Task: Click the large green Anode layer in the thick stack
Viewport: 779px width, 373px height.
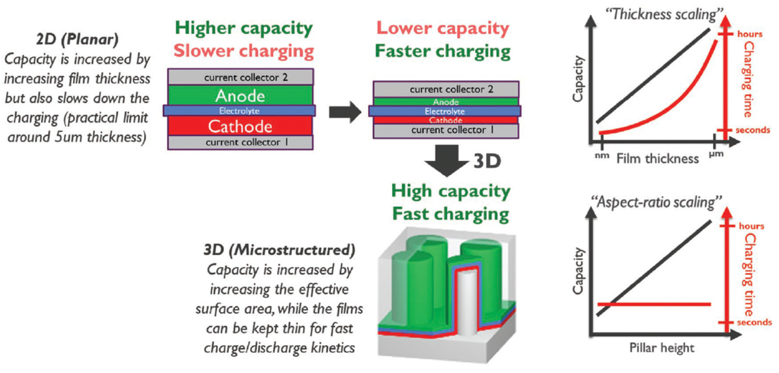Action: (x=240, y=96)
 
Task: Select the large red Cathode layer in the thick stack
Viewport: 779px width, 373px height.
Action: (x=240, y=126)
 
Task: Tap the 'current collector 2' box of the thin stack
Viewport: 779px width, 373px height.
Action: (x=446, y=89)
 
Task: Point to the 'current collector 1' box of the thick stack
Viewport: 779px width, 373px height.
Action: (x=240, y=142)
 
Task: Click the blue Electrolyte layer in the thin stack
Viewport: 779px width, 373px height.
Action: (x=445, y=111)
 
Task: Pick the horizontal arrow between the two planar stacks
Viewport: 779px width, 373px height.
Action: (x=345, y=112)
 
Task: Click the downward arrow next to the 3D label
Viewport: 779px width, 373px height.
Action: (x=447, y=160)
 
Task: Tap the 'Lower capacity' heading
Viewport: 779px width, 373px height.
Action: (x=443, y=29)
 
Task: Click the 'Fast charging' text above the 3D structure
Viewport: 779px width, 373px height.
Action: (x=451, y=214)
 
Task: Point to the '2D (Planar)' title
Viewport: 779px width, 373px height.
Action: (x=77, y=39)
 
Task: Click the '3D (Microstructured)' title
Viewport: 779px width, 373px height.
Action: (x=279, y=250)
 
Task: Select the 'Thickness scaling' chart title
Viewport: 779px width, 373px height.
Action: (x=664, y=14)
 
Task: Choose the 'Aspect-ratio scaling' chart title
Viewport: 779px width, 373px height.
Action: (x=656, y=202)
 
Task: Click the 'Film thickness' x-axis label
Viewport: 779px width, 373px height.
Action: (x=658, y=159)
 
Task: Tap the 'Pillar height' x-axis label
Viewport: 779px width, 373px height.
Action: (x=662, y=348)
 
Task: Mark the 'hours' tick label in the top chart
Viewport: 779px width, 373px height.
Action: (x=750, y=34)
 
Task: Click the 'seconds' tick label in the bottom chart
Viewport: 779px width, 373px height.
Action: (x=754, y=322)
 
